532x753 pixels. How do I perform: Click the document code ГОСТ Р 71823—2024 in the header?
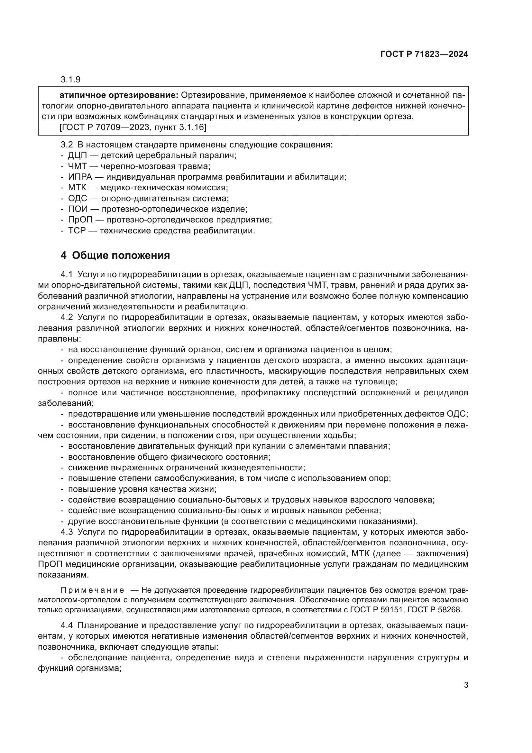424,54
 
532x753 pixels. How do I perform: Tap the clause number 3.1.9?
70,80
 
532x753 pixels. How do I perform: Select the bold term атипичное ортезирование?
119,95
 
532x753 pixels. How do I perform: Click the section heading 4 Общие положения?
115,256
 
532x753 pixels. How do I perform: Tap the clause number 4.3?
67,532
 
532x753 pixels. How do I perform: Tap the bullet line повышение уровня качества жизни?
142,489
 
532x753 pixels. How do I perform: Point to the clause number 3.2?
67,145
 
